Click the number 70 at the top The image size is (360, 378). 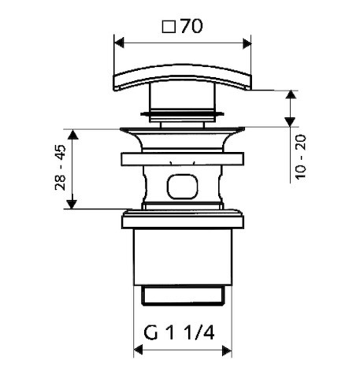pos(191,26)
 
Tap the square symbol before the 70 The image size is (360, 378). pos(169,27)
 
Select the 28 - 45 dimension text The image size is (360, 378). pos(60,167)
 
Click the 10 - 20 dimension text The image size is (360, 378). pos(301,157)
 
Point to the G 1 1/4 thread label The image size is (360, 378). pos(179,333)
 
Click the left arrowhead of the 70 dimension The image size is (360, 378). pos(119,43)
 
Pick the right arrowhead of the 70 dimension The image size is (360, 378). pos(247,43)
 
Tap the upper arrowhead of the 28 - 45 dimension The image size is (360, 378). pos(73,135)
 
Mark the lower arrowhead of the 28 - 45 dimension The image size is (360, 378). pos(72,204)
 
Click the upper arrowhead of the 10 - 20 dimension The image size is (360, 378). pos(291,94)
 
